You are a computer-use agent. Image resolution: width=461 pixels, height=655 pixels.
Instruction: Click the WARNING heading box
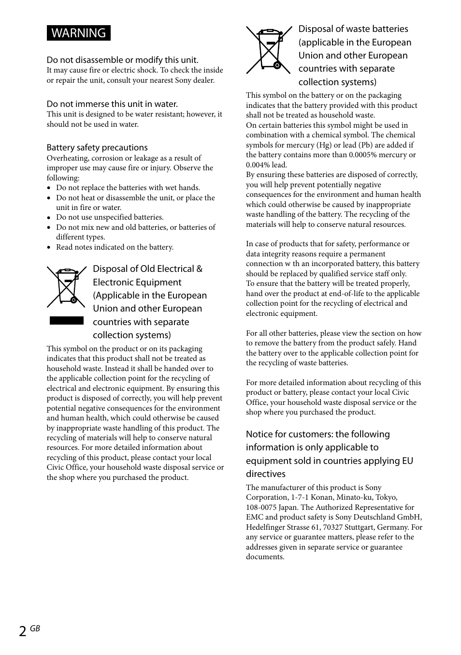79,33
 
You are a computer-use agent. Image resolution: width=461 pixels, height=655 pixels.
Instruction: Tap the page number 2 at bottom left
23,631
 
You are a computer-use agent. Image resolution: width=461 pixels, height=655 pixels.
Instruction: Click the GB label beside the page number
35,628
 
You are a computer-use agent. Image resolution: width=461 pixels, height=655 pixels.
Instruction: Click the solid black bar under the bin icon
66,321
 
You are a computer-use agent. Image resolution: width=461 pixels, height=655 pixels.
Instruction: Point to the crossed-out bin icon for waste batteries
269,50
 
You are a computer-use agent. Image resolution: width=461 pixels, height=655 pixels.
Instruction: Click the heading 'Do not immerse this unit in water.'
112,104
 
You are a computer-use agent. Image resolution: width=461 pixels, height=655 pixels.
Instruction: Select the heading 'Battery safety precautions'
97,148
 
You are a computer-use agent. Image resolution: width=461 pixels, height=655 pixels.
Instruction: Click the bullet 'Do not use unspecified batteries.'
110,217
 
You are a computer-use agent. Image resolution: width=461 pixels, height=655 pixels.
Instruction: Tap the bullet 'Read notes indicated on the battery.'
115,247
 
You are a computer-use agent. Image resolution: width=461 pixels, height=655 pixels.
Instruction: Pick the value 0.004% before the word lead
259,165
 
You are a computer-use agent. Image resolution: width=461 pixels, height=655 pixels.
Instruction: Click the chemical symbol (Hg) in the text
324,145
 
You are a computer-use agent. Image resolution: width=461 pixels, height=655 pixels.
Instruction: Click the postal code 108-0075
261,507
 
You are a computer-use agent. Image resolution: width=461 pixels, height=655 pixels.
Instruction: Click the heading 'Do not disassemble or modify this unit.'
122,60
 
